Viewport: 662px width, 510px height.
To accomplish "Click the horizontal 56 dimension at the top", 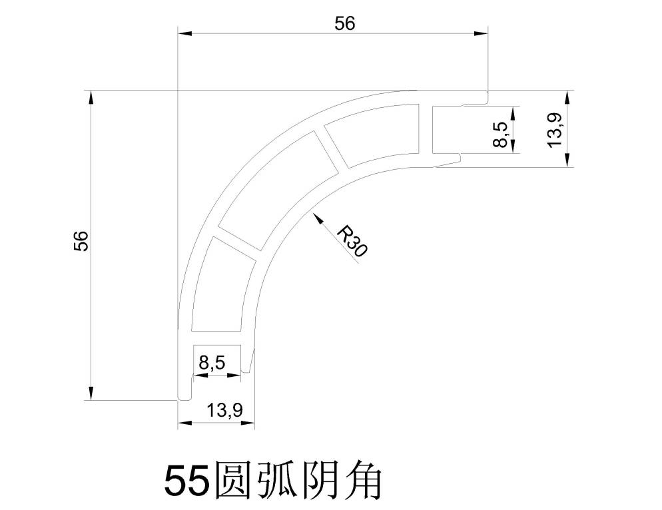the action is [x=345, y=24].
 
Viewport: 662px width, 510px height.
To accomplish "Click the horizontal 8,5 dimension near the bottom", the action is [x=212, y=363].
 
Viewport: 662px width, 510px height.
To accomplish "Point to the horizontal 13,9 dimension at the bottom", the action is [x=224, y=409].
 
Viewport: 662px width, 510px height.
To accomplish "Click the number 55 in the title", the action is [x=187, y=482].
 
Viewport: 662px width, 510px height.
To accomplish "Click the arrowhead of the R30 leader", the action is [x=316, y=218].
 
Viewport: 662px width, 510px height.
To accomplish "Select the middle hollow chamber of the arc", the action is [x=278, y=190].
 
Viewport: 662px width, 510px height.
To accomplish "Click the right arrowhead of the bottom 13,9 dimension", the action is [x=248, y=422].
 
